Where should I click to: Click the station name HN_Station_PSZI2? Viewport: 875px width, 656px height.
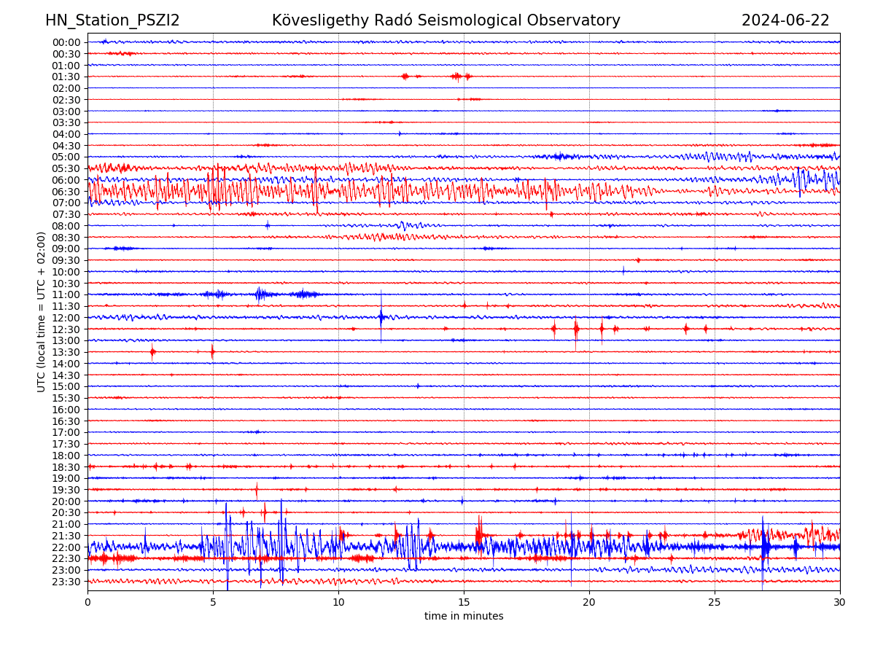click(x=112, y=20)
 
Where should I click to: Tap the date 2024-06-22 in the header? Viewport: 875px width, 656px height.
click(x=785, y=20)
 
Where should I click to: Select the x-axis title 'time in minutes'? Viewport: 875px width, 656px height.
click(x=464, y=616)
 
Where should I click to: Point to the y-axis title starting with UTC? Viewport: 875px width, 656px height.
click(x=42, y=311)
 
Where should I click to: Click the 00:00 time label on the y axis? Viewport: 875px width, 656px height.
click(x=66, y=42)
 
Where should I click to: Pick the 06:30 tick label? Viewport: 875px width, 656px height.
click(x=66, y=192)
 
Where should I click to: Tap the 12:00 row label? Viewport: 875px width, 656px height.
click(x=66, y=318)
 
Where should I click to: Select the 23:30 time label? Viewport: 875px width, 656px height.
click(x=66, y=582)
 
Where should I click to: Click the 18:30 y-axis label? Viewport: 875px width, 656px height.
click(x=66, y=467)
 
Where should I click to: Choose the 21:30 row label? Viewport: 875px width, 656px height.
click(x=66, y=536)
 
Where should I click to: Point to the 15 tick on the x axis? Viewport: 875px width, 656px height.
click(x=464, y=602)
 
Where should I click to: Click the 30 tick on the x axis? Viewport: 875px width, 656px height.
click(x=840, y=602)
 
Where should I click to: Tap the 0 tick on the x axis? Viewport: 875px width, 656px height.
click(x=87, y=602)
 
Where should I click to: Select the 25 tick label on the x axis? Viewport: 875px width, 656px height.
click(x=715, y=602)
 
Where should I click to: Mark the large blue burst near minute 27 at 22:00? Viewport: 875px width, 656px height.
click(x=764, y=547)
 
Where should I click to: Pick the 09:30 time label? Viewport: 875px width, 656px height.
click(x=66, y=260)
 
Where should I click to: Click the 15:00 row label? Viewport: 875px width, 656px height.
click(x=66, y=386)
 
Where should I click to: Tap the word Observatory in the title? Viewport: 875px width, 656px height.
click(x=580, y=20)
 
